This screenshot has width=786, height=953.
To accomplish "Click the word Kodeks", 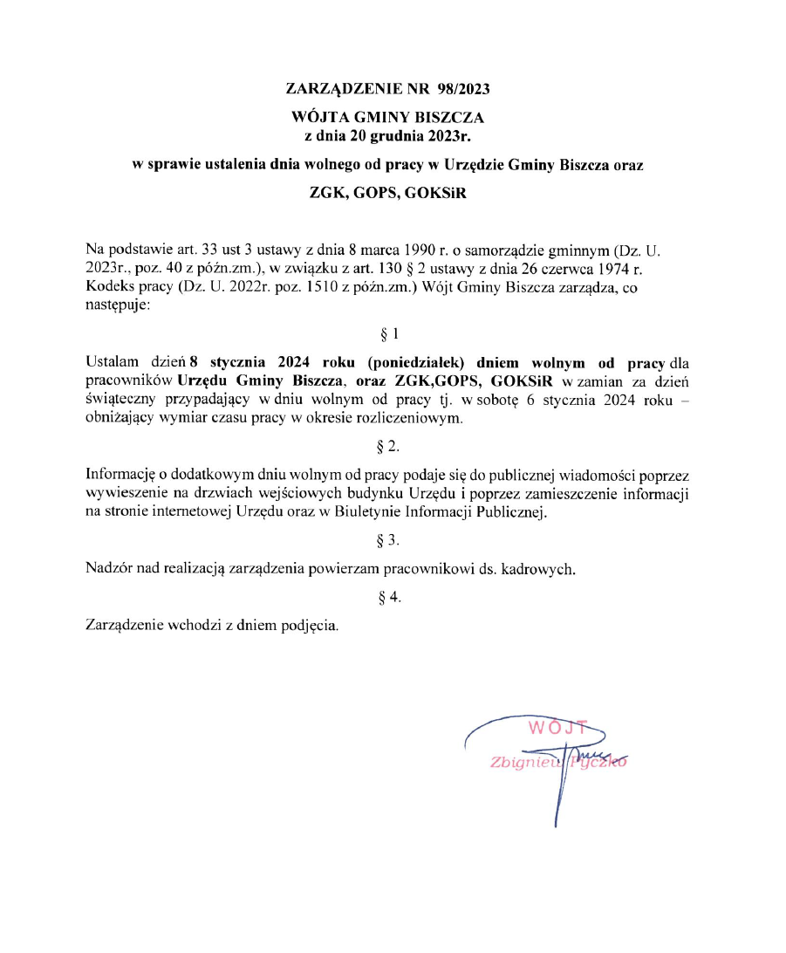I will pyautogui.click(x=108, y=287).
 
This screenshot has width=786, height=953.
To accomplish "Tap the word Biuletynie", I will pyautogui.click(x=368, y=512).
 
